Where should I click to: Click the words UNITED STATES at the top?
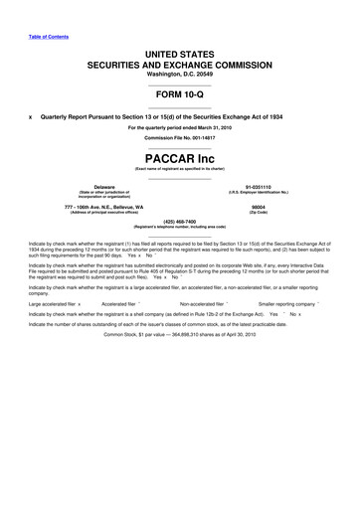pyautogui.click(x=179, y=49)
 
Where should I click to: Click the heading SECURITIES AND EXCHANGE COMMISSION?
pyautogui.click(x=179, y=62)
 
